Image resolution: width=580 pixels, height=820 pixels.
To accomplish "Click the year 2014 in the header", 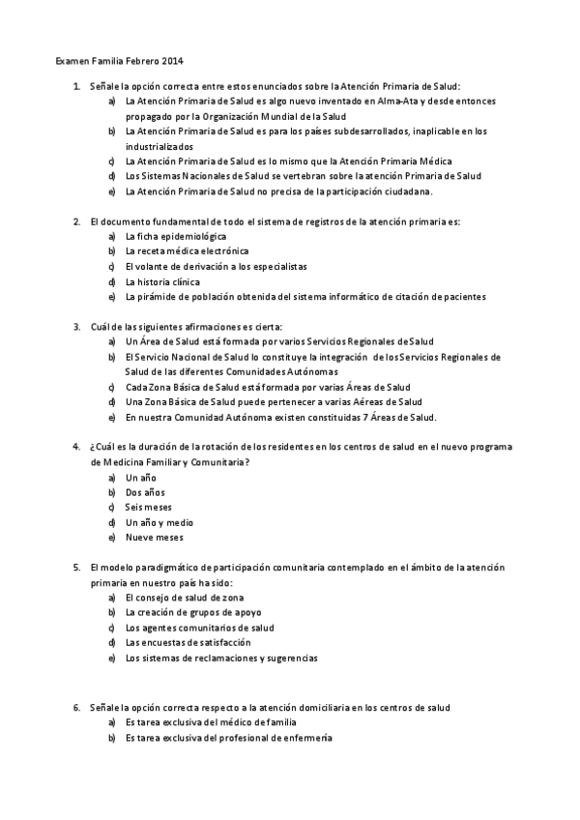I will click(x=173, y=61).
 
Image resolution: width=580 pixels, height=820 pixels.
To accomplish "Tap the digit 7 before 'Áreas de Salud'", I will click(x=355, y=417).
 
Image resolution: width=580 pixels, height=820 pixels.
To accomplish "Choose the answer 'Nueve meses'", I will click(x=154, y=538).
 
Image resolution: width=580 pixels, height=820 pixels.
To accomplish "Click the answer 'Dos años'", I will click(x=145, y=492).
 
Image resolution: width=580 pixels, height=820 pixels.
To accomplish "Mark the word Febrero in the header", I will click(x=136, y=61).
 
